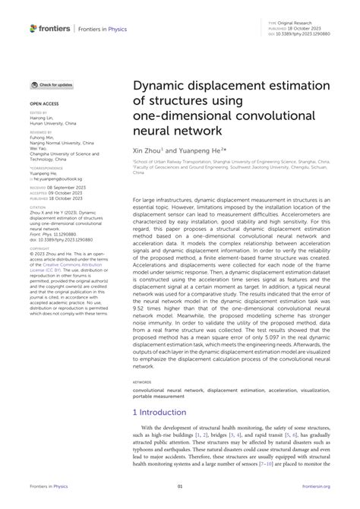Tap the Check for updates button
coord(52,84)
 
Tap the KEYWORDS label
coord(142,382)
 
